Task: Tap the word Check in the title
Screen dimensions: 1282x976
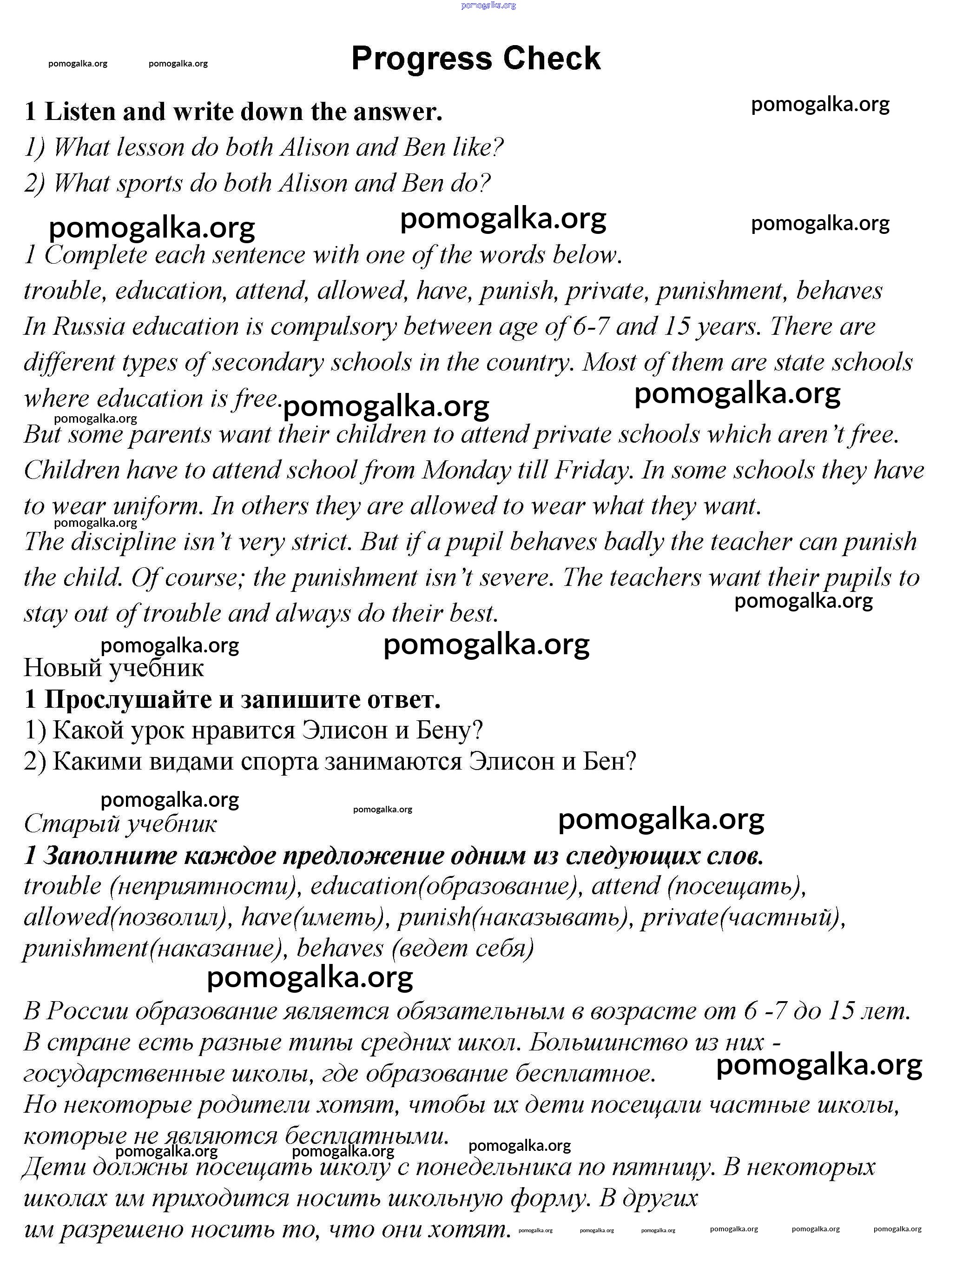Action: click(x=553, y=59)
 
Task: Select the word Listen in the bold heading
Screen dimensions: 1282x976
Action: click(x=81, y=112)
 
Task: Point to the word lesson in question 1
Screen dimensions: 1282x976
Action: click(x=151, y=147)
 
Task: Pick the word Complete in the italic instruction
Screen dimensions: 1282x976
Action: click(x=96, y=255)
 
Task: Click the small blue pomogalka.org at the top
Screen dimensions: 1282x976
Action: click(x=488, y=5)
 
